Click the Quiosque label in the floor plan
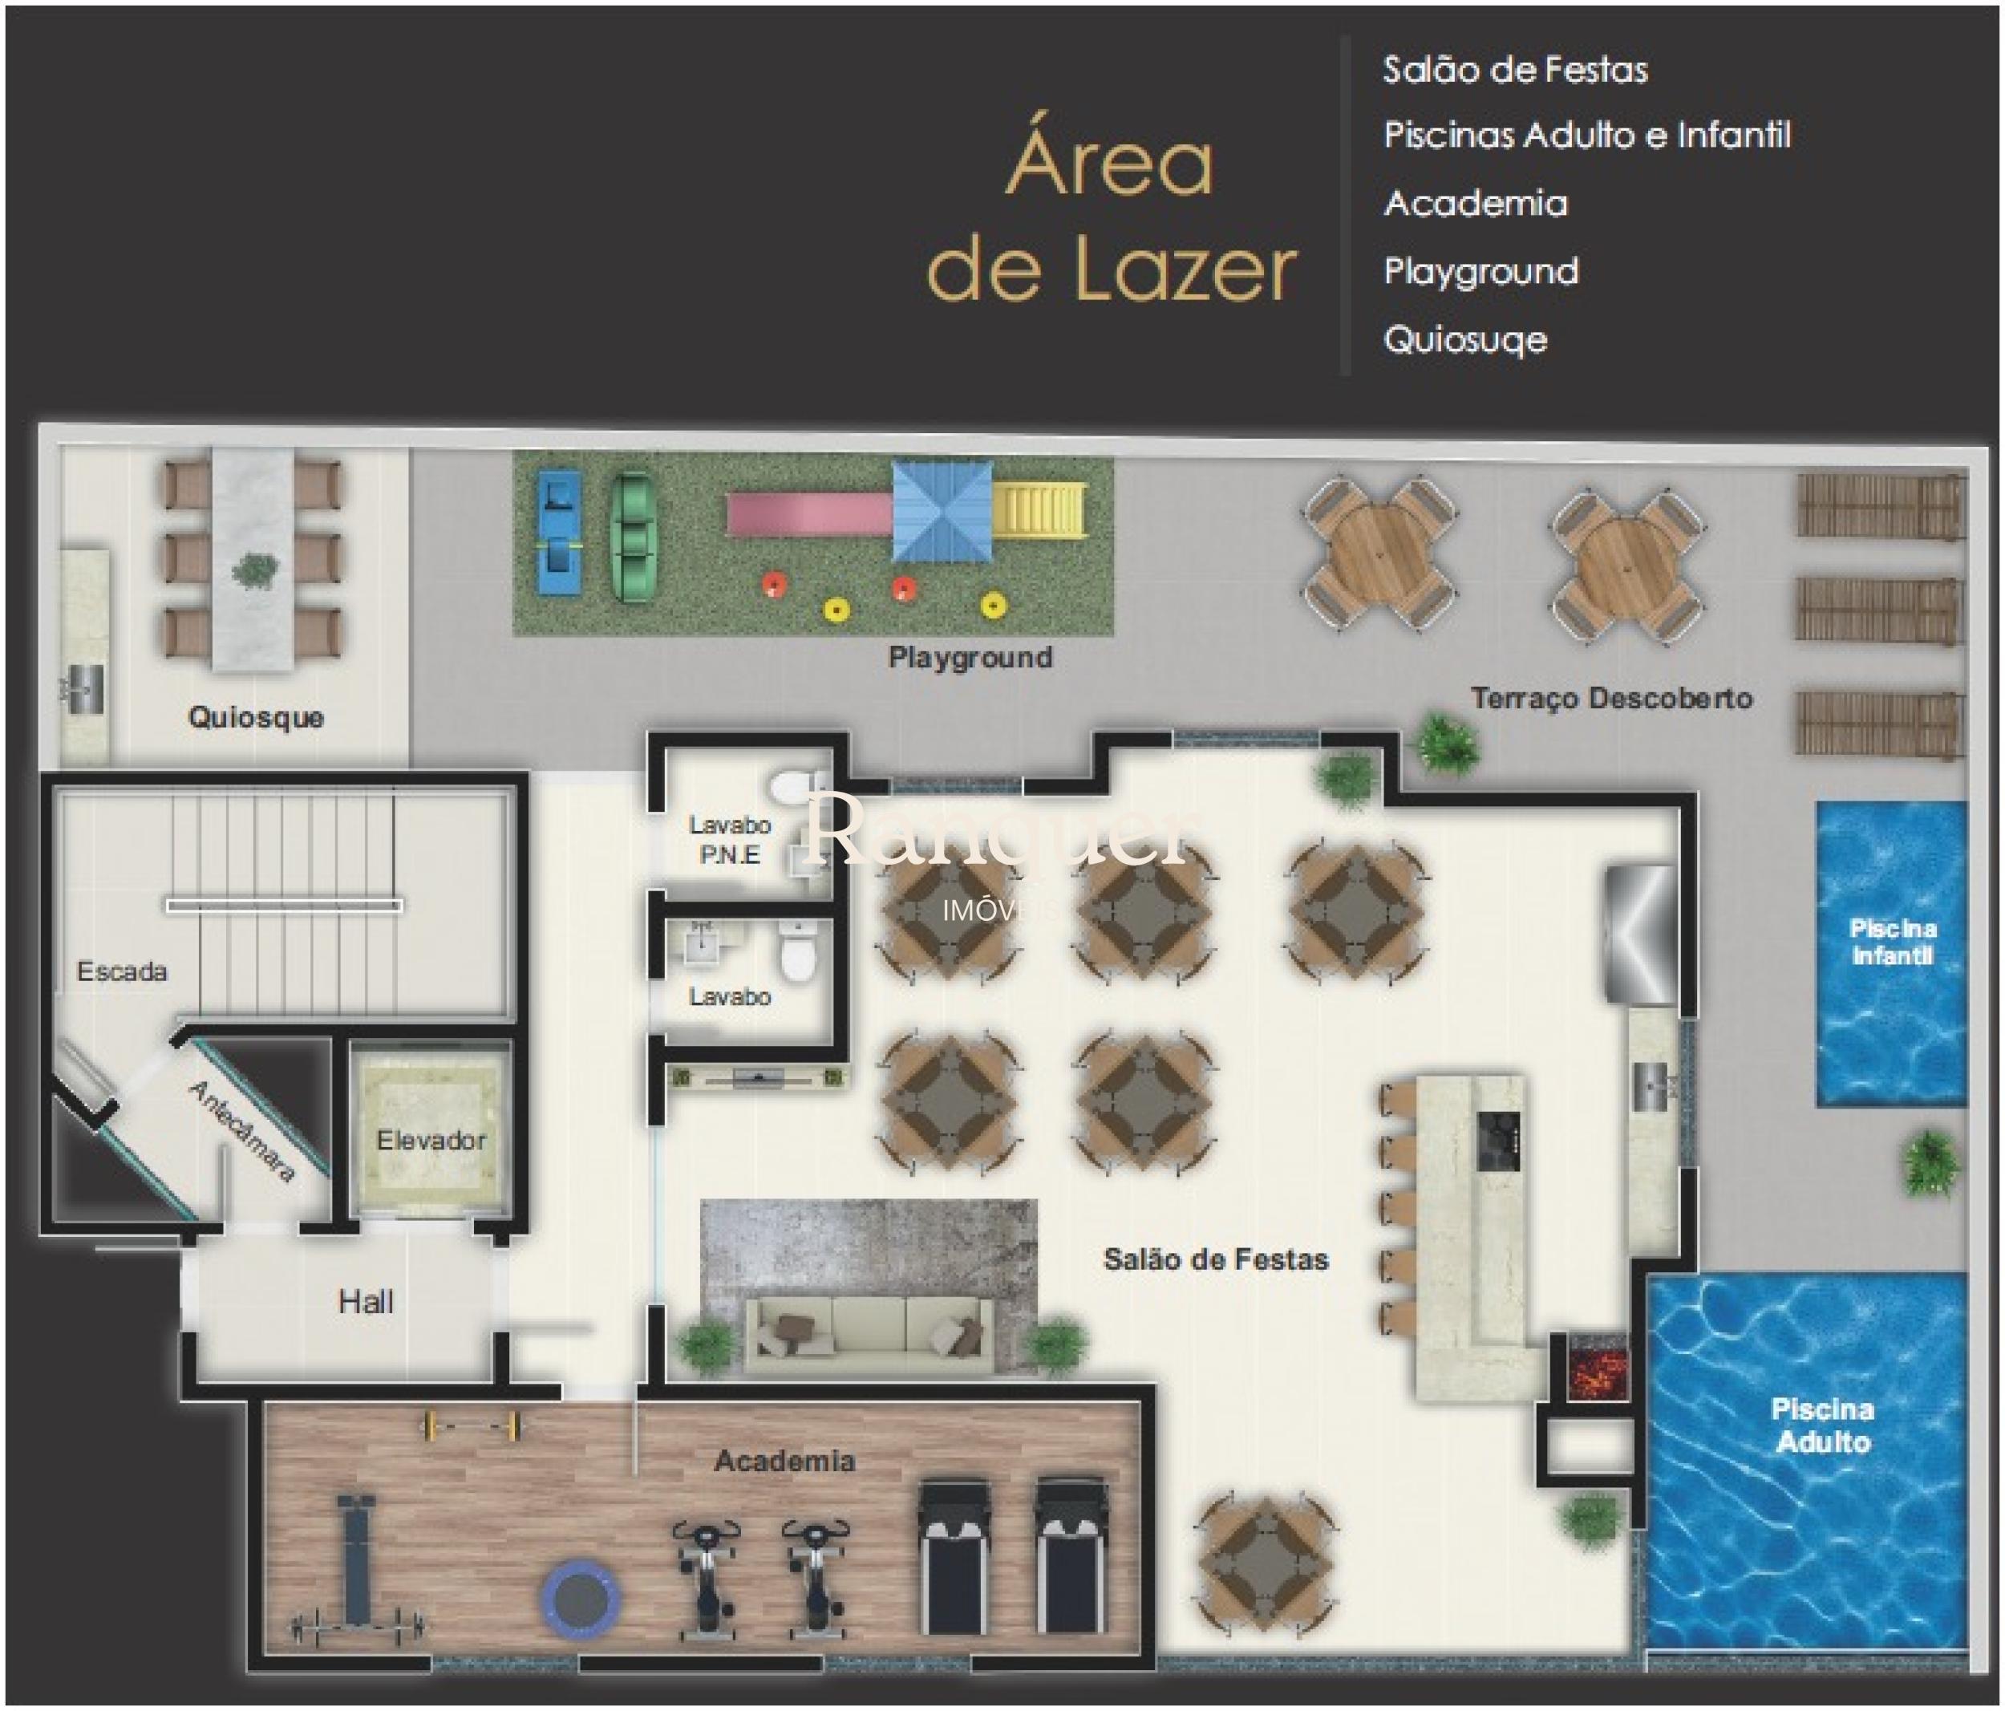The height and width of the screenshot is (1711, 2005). (256, 718)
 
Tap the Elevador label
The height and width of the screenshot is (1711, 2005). (431, 1140)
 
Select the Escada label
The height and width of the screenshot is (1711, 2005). (122, 971)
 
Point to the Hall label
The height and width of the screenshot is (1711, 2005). (366, 1302)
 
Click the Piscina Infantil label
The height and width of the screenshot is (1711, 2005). (1893, 942)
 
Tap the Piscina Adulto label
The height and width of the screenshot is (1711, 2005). (1823, 1425)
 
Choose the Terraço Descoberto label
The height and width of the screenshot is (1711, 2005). (1611, 698)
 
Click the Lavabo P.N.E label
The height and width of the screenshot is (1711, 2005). (730, 840)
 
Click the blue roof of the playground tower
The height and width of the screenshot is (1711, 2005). (942, 511)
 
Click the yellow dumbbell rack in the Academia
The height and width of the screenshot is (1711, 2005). (472, 1425)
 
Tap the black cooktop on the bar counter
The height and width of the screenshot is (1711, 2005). (1498, 1140)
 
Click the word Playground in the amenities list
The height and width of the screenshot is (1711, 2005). (1480, 273)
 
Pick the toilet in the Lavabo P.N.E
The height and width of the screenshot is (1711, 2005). (796, 785)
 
